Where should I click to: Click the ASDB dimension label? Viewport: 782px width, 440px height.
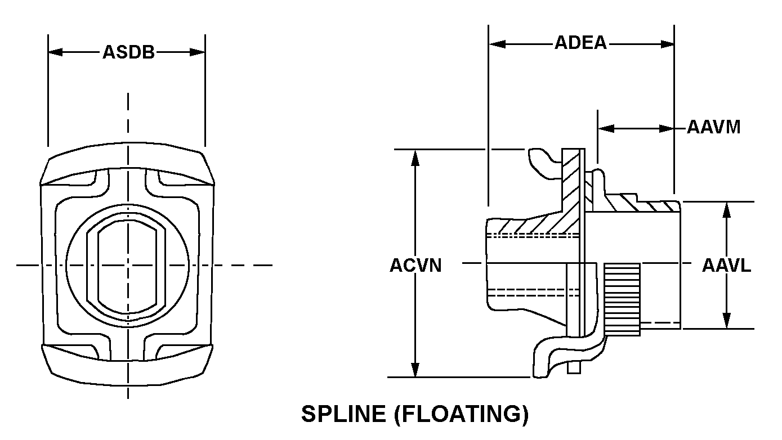tap(128, 52)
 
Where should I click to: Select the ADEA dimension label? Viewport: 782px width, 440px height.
tap(580, 43)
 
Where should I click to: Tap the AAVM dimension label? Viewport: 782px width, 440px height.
tap(713, 128)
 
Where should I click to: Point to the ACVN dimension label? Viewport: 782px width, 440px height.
tap(415, 266)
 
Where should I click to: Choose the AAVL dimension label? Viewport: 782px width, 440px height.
tap(726, 266)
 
